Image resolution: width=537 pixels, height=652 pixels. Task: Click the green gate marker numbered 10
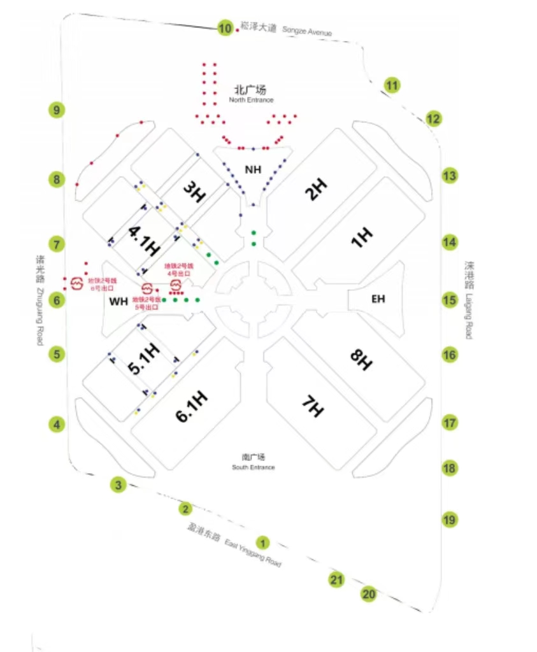(225, 28)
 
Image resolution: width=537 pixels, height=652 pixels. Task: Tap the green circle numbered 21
(336, 580)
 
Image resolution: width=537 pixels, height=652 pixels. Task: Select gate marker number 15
(450, 300)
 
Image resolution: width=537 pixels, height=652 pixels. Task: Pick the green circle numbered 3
(118, 485)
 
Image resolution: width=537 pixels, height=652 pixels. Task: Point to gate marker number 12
(433, 118)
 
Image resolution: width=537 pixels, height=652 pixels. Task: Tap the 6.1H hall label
(192, 406)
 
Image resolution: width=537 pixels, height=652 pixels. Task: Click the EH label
(378, 299)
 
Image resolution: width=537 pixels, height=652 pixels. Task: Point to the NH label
(253, 169)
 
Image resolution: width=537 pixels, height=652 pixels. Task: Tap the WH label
(118, 301)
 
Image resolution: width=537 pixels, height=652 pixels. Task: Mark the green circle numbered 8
(57, 180)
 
